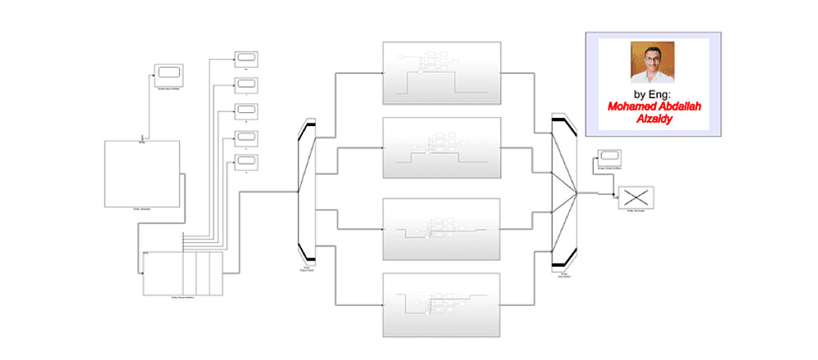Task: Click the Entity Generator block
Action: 142,173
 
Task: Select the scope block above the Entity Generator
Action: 168,70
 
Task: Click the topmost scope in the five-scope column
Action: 246,57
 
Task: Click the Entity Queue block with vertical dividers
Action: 182,273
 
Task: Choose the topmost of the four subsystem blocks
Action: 442,72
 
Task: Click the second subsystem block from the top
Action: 442,147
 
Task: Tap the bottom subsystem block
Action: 442,304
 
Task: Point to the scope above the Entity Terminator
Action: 609,156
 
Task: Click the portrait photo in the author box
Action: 652,62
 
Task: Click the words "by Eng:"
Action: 652,94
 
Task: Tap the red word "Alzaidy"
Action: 652,119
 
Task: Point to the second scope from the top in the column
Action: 246,84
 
